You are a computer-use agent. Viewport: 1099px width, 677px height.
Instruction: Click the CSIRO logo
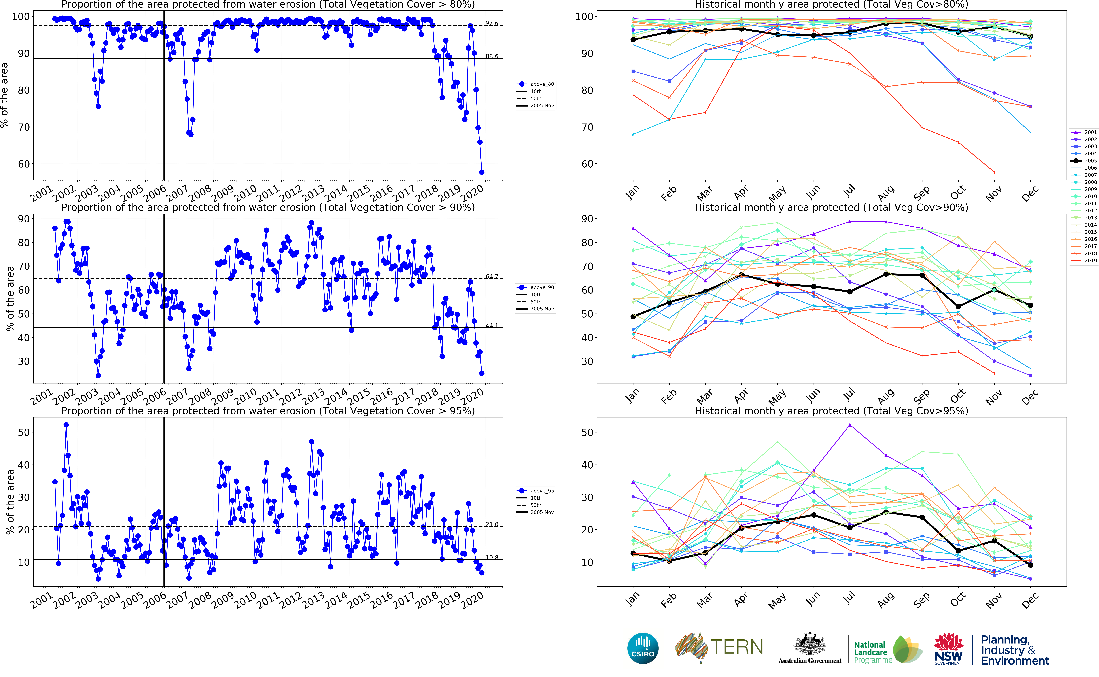click(x=643, y=648)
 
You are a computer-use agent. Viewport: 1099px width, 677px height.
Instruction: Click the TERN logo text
click(x=737, y=647)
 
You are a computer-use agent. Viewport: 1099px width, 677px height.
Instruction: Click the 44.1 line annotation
click(x=492, y=325)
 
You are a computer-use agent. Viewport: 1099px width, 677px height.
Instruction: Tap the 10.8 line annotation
click(x=492, y=557)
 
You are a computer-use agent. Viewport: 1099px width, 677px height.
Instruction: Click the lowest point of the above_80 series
click(x=482, y=172)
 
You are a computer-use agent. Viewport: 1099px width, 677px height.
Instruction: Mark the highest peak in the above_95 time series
click(x=66, y=425)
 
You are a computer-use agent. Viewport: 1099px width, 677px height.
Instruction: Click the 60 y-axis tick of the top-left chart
click(x=24, y=164)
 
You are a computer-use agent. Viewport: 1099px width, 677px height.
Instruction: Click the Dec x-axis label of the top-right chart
click(x=1030, y=193)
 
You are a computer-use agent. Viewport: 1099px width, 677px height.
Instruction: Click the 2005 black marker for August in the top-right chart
click(x=886, y=23)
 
